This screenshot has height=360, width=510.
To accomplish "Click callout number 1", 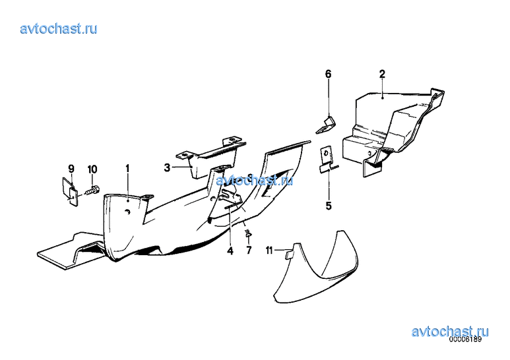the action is pos(127,169).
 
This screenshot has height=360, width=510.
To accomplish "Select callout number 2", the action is pos(382,74).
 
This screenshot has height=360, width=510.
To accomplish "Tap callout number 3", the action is pos(167,167).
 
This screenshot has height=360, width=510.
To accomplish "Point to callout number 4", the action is pos(230,251).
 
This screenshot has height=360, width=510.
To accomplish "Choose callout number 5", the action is pos(329,206).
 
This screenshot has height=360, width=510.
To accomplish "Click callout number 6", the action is pos(329,74).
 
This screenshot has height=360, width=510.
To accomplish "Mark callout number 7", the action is pos(249,250).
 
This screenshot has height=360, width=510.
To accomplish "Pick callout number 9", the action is pos(71,169).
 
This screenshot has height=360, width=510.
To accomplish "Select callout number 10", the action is pos(92,169).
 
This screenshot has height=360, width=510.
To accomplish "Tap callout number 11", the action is pos(269,251).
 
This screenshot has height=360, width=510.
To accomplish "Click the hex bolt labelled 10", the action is pos(93,191).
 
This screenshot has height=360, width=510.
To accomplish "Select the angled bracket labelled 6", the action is pos(326,125).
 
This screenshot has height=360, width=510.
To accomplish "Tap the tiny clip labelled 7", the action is pos(249,232).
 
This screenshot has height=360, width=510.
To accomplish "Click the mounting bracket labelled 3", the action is pos(211,158).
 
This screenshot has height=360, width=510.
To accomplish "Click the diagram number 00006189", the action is pos(465,339).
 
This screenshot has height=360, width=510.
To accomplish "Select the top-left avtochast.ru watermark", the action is pos(59,28).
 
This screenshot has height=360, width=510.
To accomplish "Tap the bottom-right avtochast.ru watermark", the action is pos(450,332).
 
